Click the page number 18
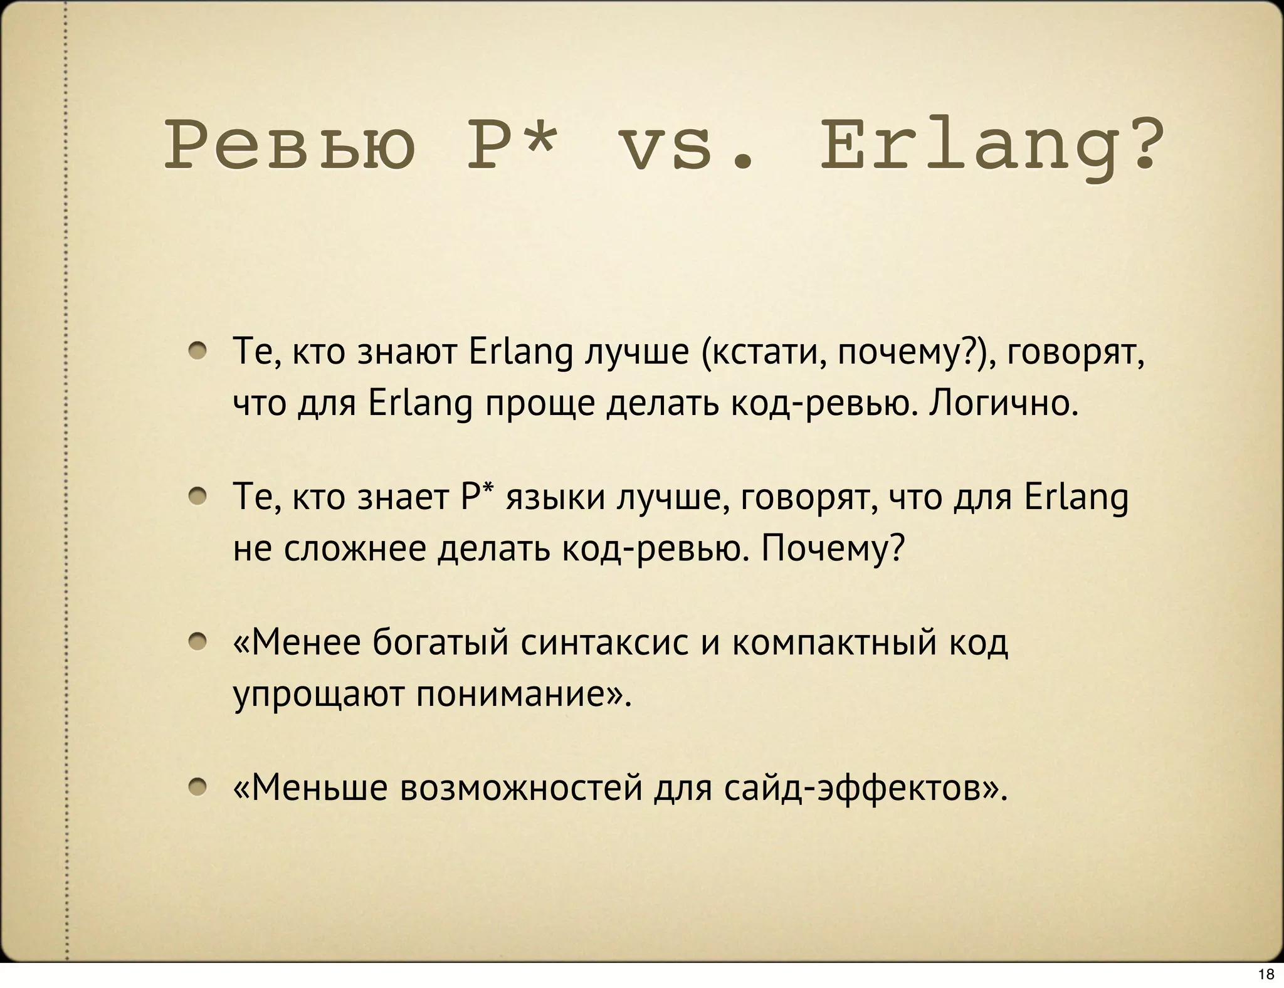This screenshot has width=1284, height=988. pos(1266,974)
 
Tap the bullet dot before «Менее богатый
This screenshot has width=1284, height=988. pos(199,641)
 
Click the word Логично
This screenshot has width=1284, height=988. pos(1003,403)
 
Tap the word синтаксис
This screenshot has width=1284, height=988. pos(605,643)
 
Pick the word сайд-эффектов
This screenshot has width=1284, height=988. pos(865,788)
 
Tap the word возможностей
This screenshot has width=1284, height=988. pos(522,788)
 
